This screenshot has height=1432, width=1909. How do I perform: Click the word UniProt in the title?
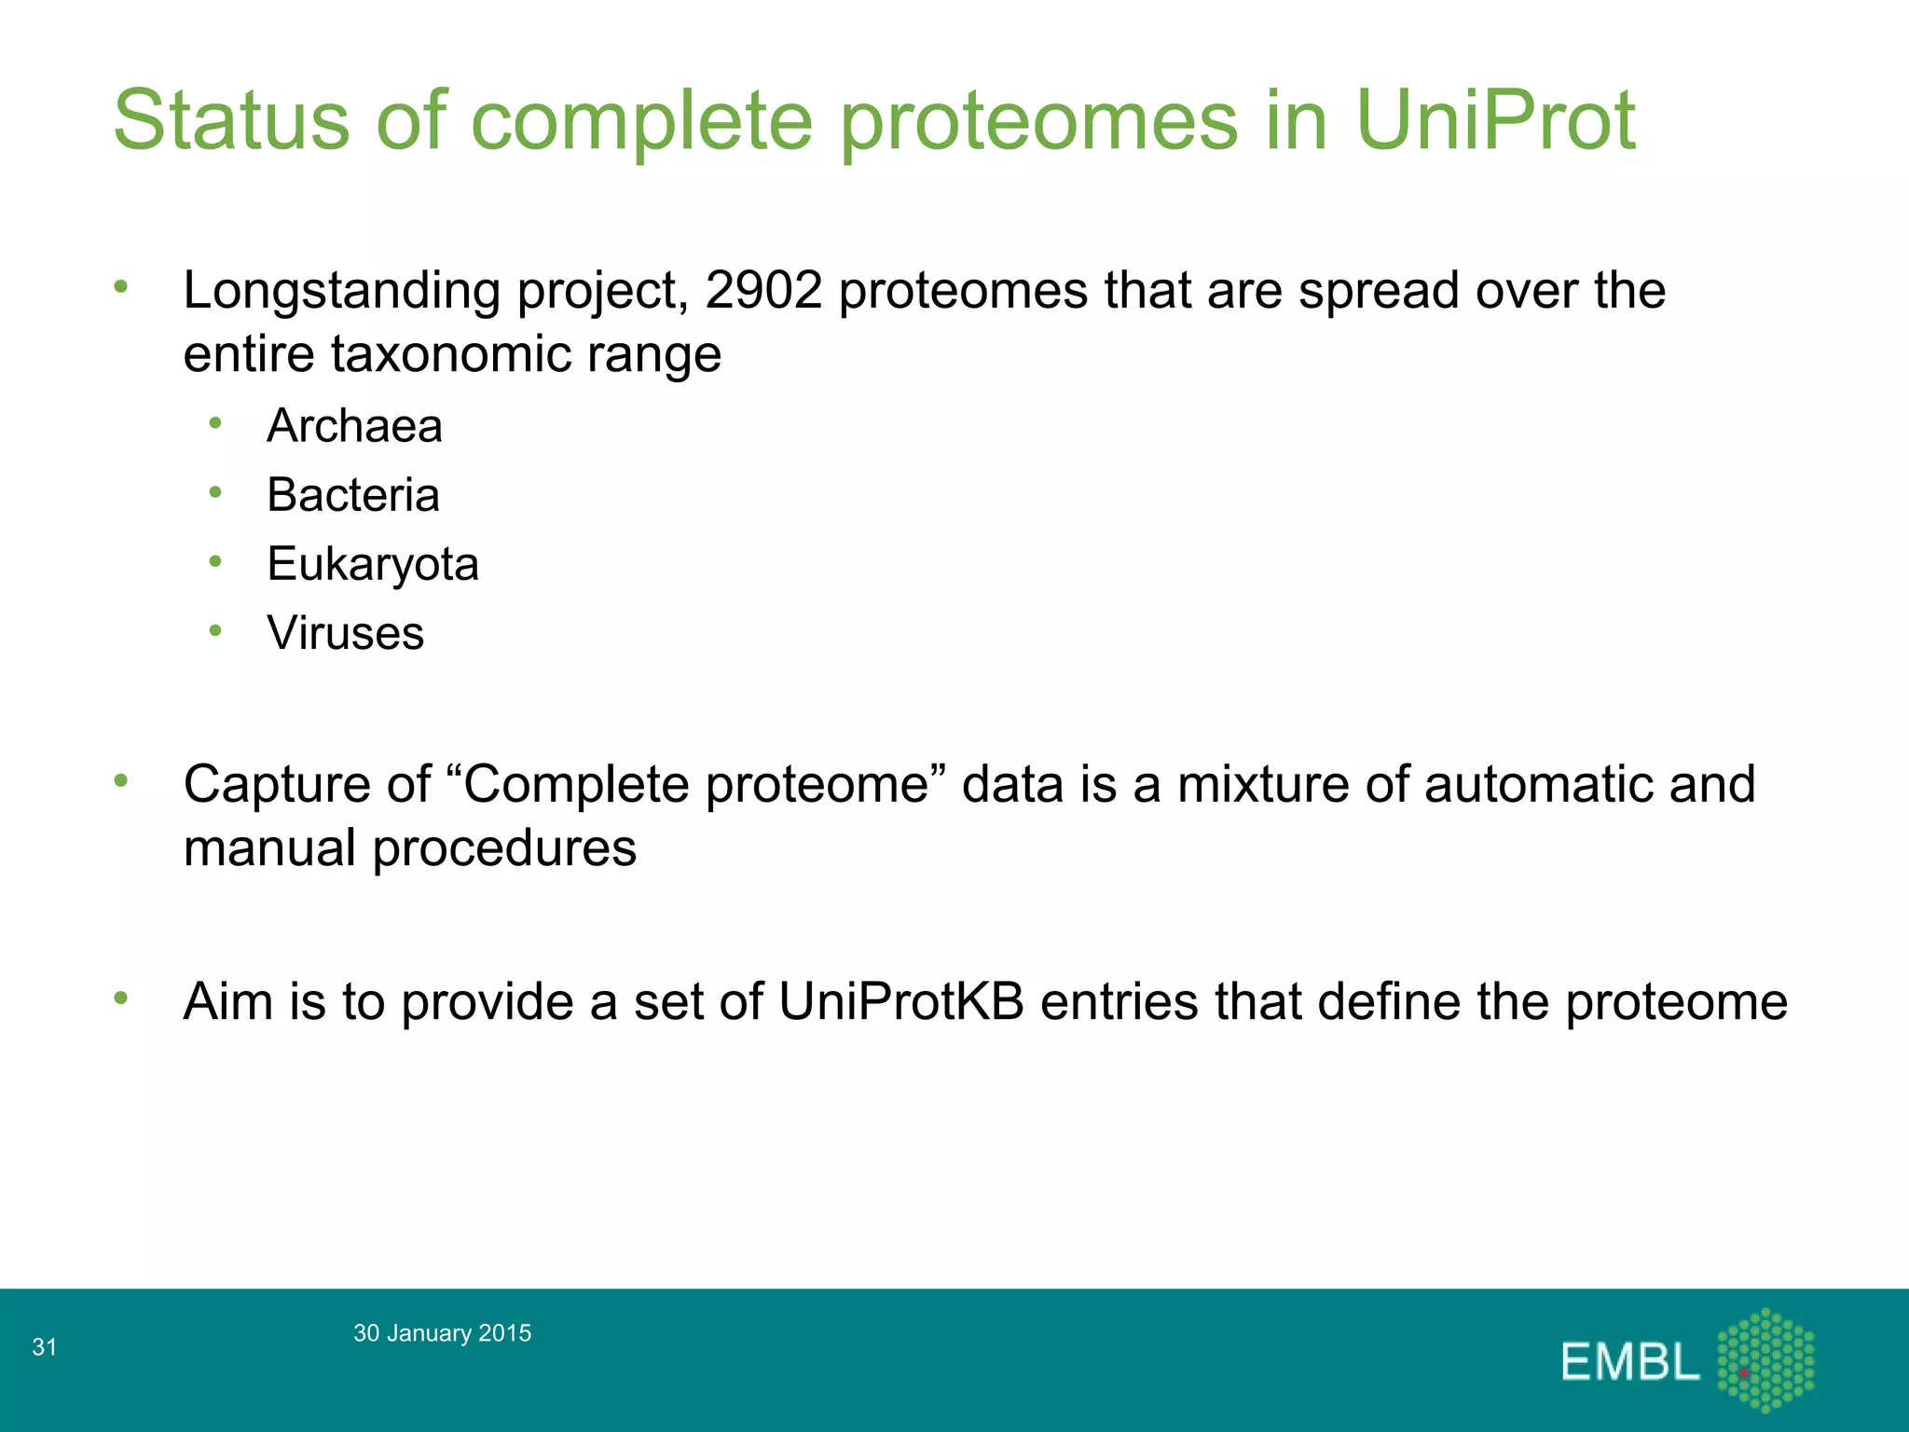[1494, 121]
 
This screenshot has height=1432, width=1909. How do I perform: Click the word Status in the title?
[231, 121]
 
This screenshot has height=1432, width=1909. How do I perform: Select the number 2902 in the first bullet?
[763, 290]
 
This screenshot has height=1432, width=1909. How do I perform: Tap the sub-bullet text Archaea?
[354, 426]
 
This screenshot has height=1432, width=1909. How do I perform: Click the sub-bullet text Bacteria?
[352, 495]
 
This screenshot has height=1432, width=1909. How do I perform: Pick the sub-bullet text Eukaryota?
[373, 565]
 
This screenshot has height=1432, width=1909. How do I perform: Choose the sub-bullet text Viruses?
[345, 634]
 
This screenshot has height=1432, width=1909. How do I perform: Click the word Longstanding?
[342, 292]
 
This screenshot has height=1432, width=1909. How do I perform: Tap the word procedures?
[504, 849]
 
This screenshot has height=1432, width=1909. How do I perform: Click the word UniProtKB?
[900, 1002]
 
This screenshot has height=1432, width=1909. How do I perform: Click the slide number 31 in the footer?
[44, 1347]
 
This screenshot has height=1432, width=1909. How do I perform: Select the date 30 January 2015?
[442, 1333]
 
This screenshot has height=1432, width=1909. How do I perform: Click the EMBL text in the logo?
[1629, 1363]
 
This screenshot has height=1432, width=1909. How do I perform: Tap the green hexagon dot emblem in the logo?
[1765, 1359]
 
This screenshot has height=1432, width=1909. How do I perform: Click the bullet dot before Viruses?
[215, 631]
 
